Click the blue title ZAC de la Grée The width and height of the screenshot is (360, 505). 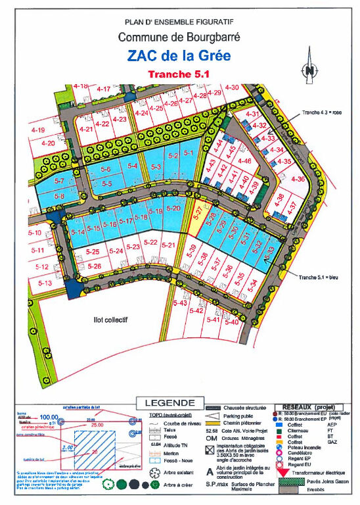[179, 56]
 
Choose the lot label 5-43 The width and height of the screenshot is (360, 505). [180, 303]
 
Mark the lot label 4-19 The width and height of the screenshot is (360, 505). [37, 130]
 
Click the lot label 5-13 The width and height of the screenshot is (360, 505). [45, 283]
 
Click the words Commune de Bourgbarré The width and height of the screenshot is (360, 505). [179, 38]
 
